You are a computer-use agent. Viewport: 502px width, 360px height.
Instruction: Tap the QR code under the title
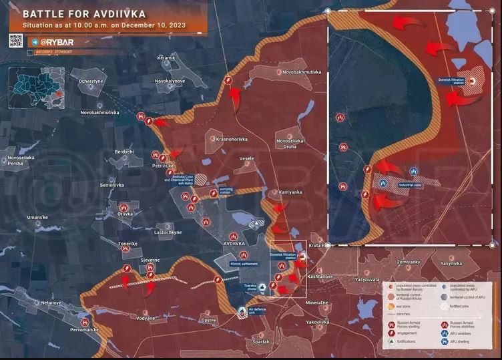point(16,41)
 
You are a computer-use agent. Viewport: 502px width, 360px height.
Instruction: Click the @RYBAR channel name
point(55,41)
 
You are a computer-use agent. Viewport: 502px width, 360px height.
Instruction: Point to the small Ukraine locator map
point(37,86)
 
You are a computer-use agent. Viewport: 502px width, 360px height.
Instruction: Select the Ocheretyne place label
point(91,81)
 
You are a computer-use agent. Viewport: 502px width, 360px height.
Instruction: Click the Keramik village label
point(166,58)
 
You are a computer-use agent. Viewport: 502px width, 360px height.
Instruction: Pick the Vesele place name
point(246,158)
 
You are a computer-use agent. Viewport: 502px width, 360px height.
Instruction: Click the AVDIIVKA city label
point(234,244)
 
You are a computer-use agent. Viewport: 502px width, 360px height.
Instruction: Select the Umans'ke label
point(37,218)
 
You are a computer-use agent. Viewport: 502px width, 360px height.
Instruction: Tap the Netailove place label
point(51,303)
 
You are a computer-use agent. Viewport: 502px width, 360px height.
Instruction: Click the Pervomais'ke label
point(83,330)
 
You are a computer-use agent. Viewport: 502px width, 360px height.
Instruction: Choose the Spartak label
point(261,341)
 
